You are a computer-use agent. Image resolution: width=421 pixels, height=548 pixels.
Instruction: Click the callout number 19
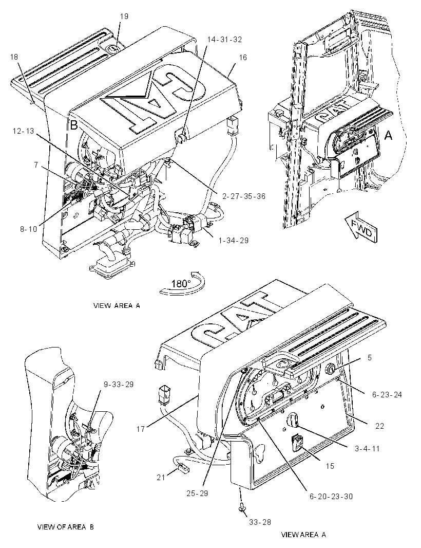pyautogui.click(x=124, y=16)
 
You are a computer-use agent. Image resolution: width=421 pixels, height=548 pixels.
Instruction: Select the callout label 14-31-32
pyautogui.click(x=224, y=40)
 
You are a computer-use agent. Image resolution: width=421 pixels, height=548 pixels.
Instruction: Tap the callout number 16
pyautogui.click(x=243, y=57)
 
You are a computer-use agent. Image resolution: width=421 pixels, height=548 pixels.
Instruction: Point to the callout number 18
pyautogui.click(x=14, y=57)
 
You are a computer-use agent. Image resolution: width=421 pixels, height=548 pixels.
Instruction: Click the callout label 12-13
pyautogui.click(x=24, y=131)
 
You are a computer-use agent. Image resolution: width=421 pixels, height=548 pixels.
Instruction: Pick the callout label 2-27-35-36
pyautogui.click(x=244, y=196)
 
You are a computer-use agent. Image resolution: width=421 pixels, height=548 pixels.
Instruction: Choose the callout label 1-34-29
pyautogui.click(x=234, y=241)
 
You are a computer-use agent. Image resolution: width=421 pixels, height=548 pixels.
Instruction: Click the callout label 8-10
pyautogui.click(x=28, y=230)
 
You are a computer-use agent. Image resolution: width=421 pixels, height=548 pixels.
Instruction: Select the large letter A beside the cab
pyautogui.click(x=388, y=135)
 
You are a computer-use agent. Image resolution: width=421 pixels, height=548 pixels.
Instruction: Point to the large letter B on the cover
pyautogui.click(x=73, y=125)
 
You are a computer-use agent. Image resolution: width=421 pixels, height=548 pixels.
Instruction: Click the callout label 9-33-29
pyautogui.click(x=119, y=385)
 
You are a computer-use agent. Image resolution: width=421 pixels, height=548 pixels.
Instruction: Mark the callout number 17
pyautogui.click(x=140, y=429)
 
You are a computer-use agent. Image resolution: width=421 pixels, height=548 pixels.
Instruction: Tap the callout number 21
pyautogui.click(x=161, y=477)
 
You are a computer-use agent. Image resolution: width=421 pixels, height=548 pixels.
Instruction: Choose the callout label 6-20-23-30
pyautogui.click(x=331, y=497)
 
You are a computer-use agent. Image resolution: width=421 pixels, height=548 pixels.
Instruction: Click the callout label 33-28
pyautogui.click(x=260, y=522)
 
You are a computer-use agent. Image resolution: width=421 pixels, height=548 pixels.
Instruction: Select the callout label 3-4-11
pyautogui.click(x=367, y=448)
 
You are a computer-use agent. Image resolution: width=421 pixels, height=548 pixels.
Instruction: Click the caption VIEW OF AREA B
pyautogui.click(x=66, y=527)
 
